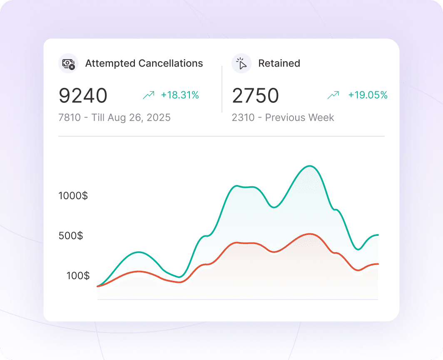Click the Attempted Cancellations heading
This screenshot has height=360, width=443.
[144, 63]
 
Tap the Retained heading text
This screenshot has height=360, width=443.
[279, 63]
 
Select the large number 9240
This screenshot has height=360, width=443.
[83, 96]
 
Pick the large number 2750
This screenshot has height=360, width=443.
[255, 96]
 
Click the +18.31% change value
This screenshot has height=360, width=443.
[180, 95]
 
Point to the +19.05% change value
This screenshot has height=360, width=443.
[368, 95]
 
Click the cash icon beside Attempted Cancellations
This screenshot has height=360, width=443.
[68, 63]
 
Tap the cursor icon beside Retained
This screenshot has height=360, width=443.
[241, 63]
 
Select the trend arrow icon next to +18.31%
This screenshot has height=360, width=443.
[149, 95]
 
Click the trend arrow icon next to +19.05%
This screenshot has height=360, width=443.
[333, 95]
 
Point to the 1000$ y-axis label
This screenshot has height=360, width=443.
[73, 195]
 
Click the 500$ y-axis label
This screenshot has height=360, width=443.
[71, 236]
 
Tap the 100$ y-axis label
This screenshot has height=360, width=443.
[78, 275]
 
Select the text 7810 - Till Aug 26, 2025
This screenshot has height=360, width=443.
[114, 117]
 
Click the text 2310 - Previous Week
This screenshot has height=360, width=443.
[283, 117]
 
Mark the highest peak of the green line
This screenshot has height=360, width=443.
[309, 166]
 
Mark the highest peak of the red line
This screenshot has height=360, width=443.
[309, 234]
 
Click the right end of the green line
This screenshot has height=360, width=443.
[377, 235]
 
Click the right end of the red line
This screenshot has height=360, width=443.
[377, 264]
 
